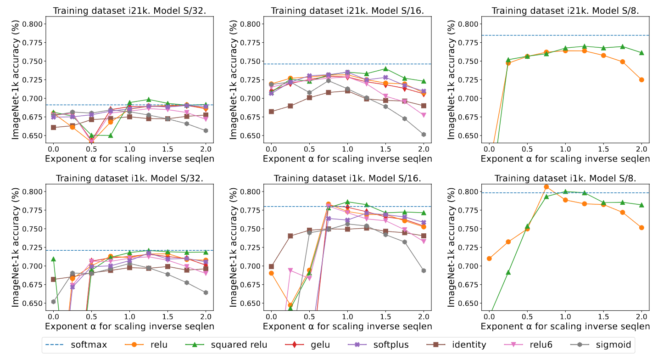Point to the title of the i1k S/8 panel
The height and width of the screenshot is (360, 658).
tap(565, 178)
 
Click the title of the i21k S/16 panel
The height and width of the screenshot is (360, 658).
tap(347, 11)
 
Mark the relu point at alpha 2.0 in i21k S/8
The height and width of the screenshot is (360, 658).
tap(641, 80)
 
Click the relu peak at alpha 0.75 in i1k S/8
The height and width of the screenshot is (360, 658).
tap(546, 187)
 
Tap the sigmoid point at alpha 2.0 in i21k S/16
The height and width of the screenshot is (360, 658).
tap(424, 135)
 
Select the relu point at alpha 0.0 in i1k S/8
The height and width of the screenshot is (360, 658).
tap(489, 259)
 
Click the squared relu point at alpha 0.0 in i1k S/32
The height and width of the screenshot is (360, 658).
tap(53, 259)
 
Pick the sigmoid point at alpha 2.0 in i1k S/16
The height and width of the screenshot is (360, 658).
tap(424, 270)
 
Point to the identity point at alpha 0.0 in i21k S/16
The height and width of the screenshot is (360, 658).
tap(271, 112)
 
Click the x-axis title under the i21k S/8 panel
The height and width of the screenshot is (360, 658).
tap(565, 158)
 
